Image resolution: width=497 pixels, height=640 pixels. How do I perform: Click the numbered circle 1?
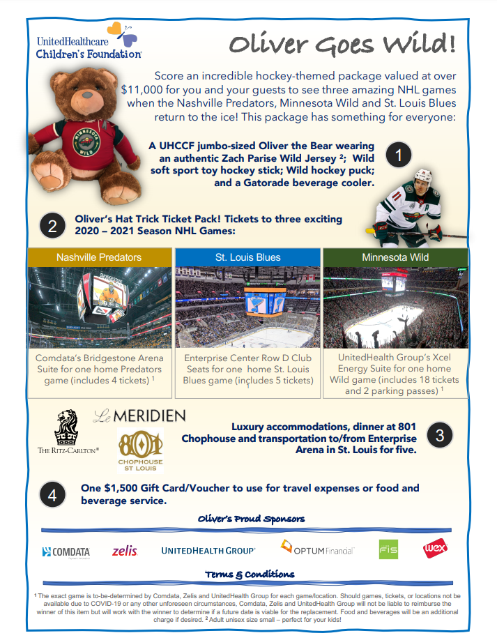pyautogui.click(x=399, y=155)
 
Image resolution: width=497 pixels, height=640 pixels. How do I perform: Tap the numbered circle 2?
pyautogui.click(x=52, y=226)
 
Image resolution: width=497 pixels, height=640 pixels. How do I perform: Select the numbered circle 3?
pyautogui.click(x=440, y=436)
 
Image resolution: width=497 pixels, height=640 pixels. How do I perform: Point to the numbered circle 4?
pyautogui.click(x=52, y=496)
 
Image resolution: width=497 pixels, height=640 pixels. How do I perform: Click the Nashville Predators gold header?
pyautogui.click(x=98, y=257)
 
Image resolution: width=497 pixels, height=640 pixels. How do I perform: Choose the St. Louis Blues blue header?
pyautogui.click(x=247, y=257)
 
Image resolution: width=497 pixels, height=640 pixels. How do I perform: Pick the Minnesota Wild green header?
pyautogui.click(x=395, y=257)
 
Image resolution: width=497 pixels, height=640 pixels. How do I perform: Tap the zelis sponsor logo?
pyautogui.click(x=125, y=551)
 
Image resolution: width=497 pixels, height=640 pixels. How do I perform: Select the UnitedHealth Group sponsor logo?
pyautogui.click(x=208, y=551)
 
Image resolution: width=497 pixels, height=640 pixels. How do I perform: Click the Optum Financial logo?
pyautogui.click(x=318, y=549)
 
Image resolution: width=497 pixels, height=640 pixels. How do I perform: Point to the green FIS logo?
pyautogui.click(x=388, y=550)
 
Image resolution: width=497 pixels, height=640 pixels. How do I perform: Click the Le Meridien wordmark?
pyautogui.click(x=139, y=416)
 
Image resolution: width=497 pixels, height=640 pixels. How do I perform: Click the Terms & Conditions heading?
pyautogui.click(x=249, y=574)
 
